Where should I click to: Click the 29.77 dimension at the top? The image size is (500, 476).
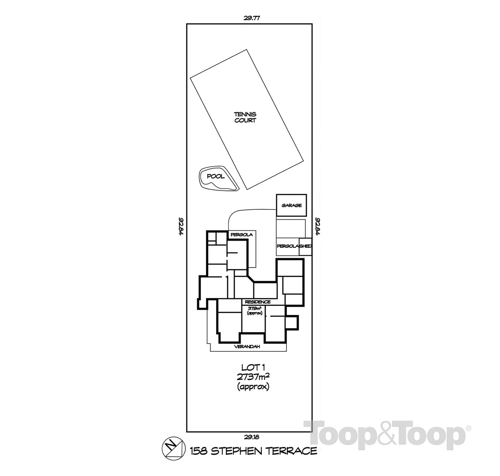[x=250, y=18]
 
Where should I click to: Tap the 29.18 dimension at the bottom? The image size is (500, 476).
[x=250, y=437]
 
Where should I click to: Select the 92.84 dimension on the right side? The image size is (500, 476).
[x=317, y=226]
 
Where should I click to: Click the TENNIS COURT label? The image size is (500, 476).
[x=245, y=117]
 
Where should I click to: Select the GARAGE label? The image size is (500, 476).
[x=292, y=205]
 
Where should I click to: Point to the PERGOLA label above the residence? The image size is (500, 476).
[x=241, y=235]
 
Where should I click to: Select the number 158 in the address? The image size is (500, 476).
[x=199, y=451]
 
